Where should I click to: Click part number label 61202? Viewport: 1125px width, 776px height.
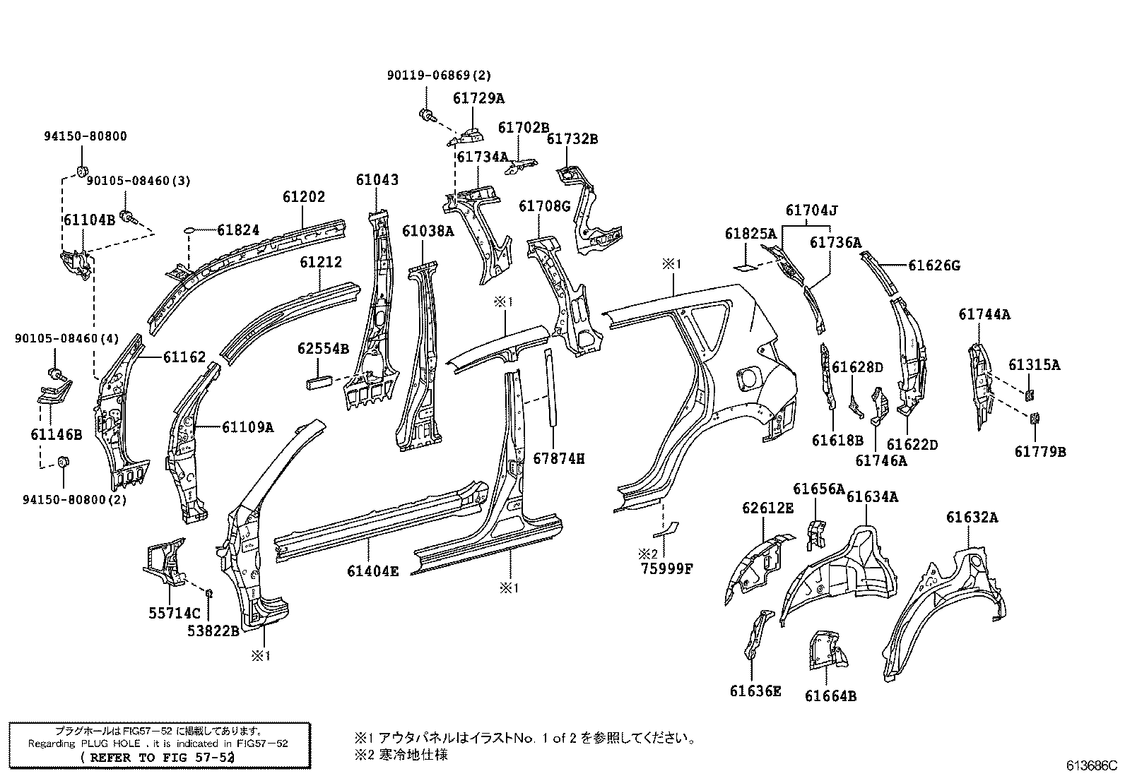[304, 196]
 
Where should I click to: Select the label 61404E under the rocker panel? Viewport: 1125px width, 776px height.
[372, 571]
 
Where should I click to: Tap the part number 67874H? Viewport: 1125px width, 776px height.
[558, 459]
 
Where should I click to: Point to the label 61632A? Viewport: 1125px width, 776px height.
[972, 517]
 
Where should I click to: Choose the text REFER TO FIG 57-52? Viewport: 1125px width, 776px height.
[158, 757]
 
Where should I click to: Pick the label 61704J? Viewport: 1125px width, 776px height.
[811, 210]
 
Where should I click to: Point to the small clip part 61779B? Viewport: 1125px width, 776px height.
[1034, 419]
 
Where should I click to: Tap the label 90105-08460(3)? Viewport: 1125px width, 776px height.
[139, 181]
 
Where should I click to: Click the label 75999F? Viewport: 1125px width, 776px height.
[666, 567]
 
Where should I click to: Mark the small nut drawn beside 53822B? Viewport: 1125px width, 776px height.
[210, 590]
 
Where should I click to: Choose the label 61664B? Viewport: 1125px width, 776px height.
[830, 696]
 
